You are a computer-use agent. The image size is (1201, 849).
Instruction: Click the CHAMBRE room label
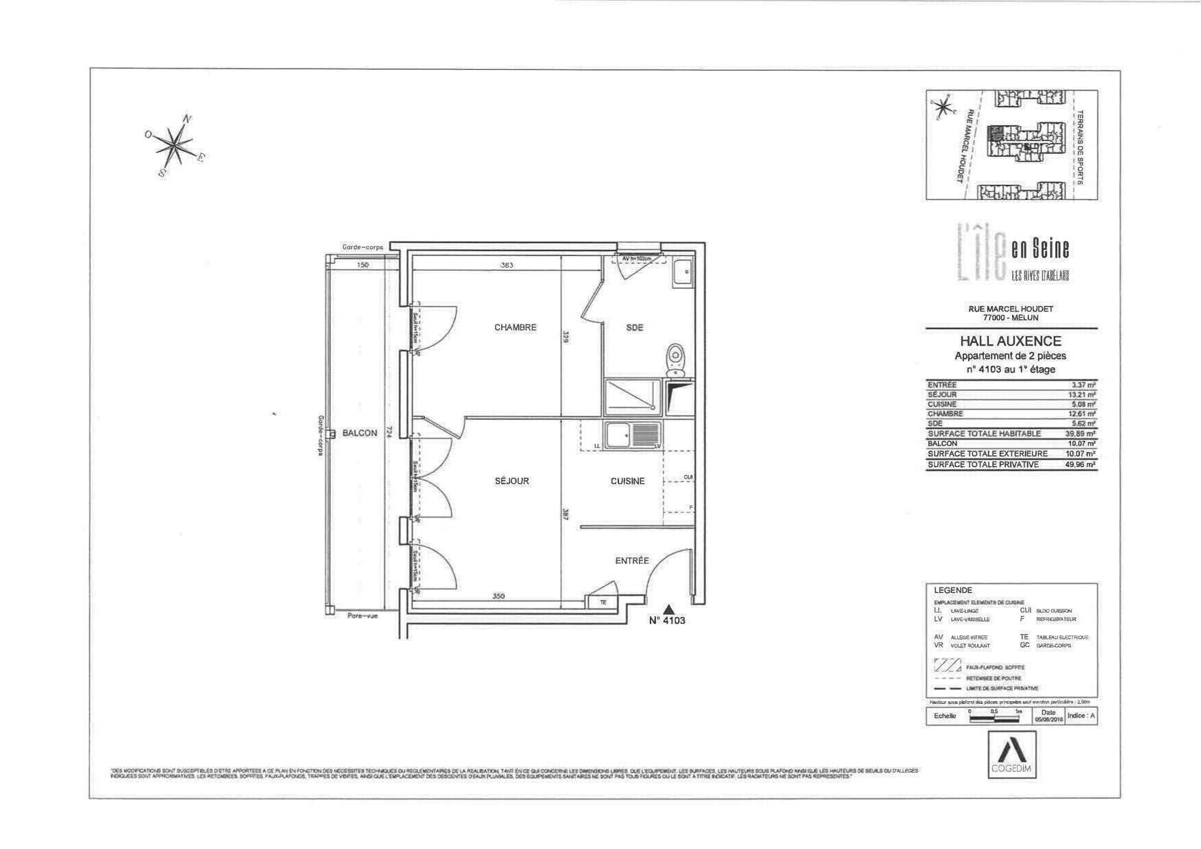(x=515, y=327)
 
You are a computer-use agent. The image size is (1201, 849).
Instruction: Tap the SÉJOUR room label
(x=511, y=481)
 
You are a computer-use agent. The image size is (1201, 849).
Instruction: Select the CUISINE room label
(x=627, y=481)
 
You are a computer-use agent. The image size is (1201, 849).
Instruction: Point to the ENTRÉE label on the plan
(x=631, y=561)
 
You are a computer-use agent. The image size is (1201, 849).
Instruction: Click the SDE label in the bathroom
(x=634, y=328)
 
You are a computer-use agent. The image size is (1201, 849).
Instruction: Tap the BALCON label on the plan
(x=359, y=433)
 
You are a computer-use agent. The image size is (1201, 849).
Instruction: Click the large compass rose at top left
(x=176, y=144)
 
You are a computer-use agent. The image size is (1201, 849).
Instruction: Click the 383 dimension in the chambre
(x=506, y=265)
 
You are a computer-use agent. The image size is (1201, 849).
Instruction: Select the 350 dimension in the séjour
(x=498, y=596)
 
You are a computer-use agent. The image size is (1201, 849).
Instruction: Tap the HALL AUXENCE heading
(x=1010, y=341)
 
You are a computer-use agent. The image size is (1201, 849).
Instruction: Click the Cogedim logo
(x=1011, y=755)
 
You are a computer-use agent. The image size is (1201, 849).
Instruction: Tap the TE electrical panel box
(x=603, y=603)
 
